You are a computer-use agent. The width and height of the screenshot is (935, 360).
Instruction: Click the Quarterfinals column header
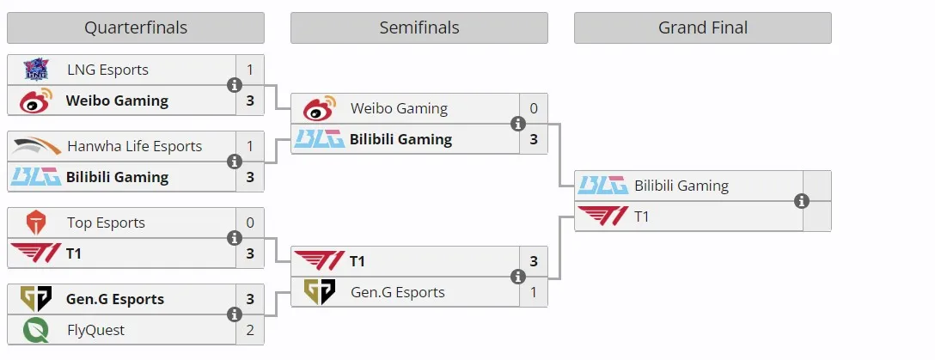tap(136, 28)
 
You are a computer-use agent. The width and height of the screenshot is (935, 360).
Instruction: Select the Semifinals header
tap(419, 28)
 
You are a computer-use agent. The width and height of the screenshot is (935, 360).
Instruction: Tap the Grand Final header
tap(702, 28)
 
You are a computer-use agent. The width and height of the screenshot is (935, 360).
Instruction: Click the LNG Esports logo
tap(36, 70)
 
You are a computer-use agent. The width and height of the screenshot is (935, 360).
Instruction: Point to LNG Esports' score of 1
tap(250, 70)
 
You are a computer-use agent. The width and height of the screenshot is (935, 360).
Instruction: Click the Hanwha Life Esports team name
tap(135, 146)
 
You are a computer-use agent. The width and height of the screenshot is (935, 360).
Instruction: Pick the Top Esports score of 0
tap(250, 223)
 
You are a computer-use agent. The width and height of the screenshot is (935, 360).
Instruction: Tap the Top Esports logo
tap(36, 223)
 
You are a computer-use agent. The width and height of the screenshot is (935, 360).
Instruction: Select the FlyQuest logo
tap(36, 330)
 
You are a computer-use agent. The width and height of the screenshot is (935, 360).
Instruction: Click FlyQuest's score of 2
tap(250, 330)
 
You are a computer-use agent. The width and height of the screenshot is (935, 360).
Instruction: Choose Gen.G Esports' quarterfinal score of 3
tap(250, 299)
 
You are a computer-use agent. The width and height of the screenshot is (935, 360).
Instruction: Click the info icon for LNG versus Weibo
tap(235, 85)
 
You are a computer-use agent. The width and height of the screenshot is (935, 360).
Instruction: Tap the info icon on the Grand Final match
tap(802, 201)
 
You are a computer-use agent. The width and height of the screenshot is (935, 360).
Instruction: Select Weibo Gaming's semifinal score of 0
tap(534, 108)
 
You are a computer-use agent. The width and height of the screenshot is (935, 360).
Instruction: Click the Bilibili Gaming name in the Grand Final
tap(681, 186)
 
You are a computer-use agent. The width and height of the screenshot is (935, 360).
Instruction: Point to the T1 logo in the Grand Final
tap(603, 217)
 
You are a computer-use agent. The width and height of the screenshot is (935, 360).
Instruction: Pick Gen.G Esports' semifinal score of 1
tap(534, 292)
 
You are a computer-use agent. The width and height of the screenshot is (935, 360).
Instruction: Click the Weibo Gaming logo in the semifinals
tap(320, 108)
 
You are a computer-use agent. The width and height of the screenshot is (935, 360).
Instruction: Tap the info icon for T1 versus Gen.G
tap(518, 277)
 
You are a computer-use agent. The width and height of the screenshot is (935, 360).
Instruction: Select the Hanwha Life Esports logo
tap(36, 146)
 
